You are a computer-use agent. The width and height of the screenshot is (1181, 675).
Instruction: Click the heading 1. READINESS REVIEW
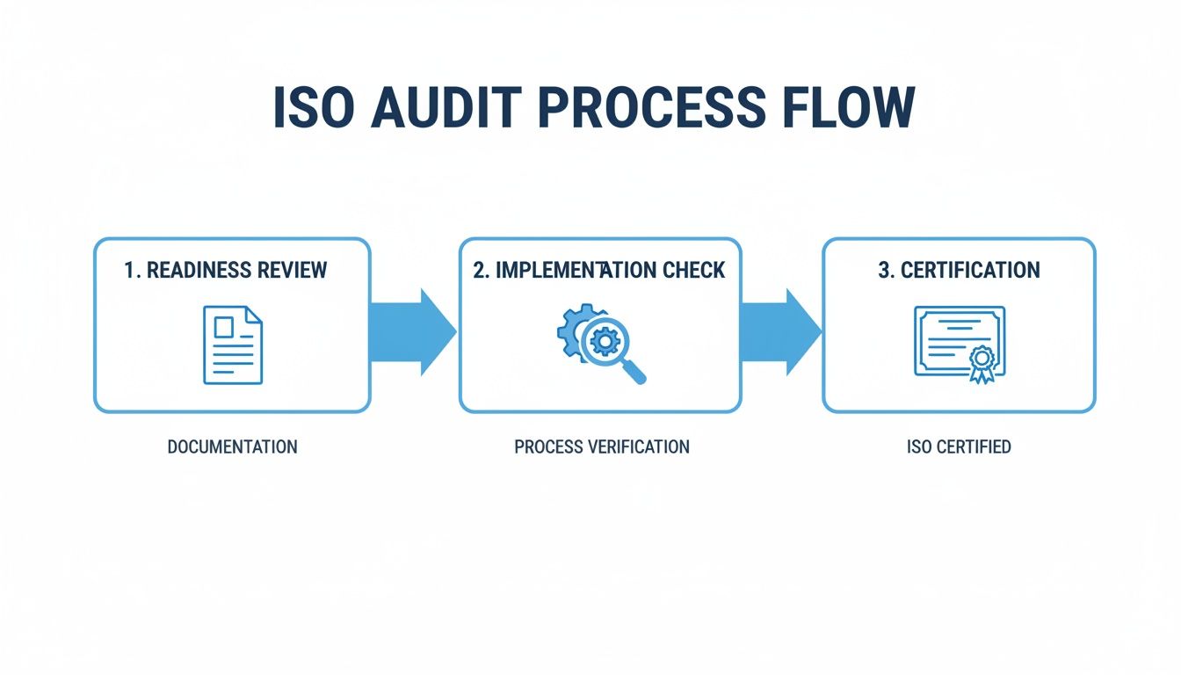point(226,270)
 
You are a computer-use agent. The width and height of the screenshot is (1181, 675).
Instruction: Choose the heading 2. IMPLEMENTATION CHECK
point(599,270)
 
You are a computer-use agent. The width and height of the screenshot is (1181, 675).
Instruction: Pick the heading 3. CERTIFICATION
point(959,270)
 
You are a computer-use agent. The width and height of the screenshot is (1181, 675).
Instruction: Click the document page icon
point(232,344)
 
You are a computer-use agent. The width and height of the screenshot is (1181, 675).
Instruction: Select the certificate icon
point(959,344)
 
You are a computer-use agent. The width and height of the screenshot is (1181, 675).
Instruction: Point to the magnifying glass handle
point(634,373)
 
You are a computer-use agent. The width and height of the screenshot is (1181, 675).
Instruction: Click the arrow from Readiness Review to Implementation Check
point(413,332)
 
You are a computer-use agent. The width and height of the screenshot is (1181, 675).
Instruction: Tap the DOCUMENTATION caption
point(232,446)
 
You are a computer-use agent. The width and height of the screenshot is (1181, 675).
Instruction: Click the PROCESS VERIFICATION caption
point(601,446)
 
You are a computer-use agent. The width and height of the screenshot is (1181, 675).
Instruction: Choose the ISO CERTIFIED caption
point(959,446)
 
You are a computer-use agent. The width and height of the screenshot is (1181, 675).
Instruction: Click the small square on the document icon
point(225,327)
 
